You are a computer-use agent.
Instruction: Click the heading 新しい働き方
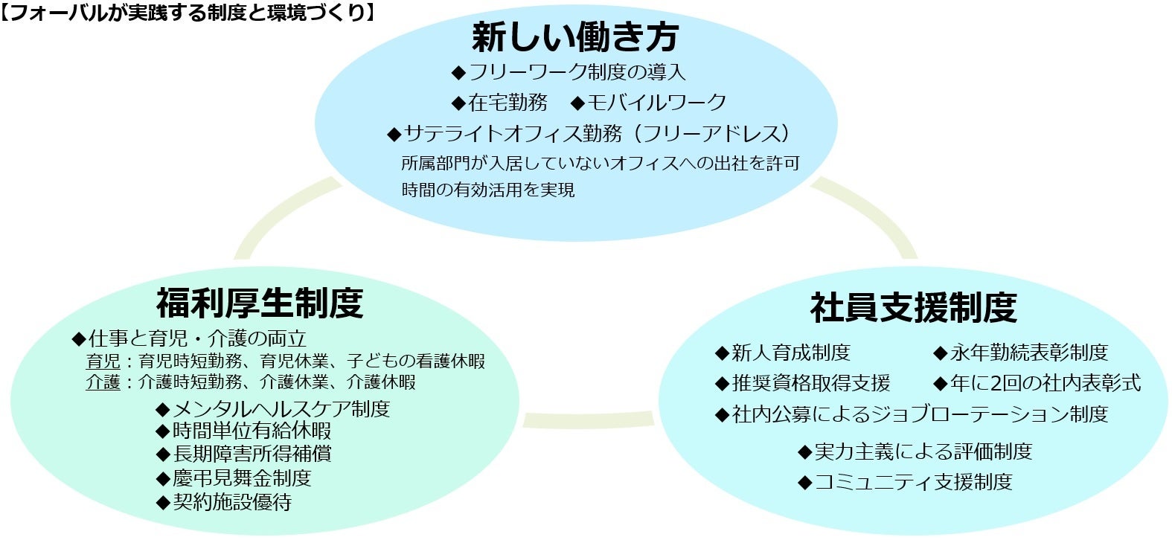(x=574, y=36)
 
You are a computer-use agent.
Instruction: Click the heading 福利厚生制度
(x=260, y=303)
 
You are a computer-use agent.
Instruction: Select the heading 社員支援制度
(x=913, y=307)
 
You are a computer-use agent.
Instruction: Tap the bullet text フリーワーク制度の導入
(x=577, y=72)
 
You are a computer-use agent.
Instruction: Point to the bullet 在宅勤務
(x=507, y=102)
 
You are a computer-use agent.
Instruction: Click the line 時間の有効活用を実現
(x=488, y=190)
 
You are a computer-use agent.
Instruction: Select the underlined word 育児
(x=103, y=361)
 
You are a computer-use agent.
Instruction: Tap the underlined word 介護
(x=103, y=382)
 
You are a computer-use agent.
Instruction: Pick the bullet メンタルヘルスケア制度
(x=281, y=408)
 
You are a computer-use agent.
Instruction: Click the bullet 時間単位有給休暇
(x=252, y=431)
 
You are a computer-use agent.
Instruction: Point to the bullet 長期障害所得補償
(x=252, y=454)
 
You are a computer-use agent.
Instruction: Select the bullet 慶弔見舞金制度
(x=241, y=478)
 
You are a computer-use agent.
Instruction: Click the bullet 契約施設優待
(x=231, y=502)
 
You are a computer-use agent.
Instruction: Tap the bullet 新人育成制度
(x=790, y=352)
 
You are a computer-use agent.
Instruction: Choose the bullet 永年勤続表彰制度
(x=1028, y=352)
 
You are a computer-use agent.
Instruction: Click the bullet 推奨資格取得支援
(x=810, y=383)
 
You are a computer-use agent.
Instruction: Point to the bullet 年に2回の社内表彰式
(x=1045, y=383)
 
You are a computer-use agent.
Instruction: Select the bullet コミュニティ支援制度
(x=913, y=482)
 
